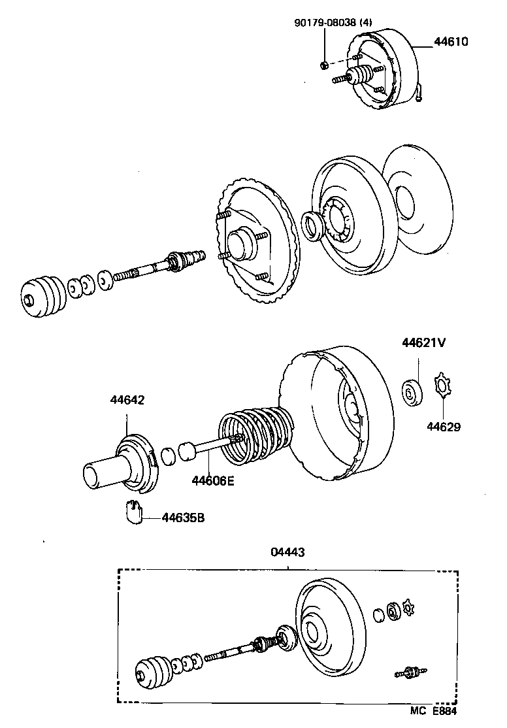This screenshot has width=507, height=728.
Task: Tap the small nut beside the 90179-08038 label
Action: pyautogui.click(x=325, y=64)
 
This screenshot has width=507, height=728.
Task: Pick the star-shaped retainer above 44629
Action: pyautogui.click(x=442, y=388)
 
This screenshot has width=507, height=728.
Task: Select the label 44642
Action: pyautogui.click(x=127, y=399)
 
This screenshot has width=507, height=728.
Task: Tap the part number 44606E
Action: pyautogui.click(x=212, y=482)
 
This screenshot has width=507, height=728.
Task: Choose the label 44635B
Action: pyautogui.click(x=183, y=518)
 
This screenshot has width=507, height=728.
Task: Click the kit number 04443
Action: pyautogui.click(x=288, y=552)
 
